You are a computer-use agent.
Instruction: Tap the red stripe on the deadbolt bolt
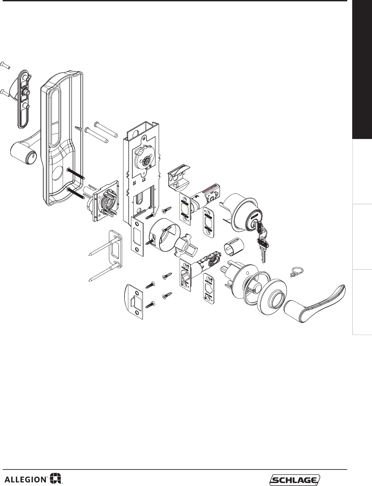tap(210, 188)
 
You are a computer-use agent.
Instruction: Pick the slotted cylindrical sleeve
tap(234, 246)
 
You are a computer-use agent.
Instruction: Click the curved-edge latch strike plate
tap(133, 302)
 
